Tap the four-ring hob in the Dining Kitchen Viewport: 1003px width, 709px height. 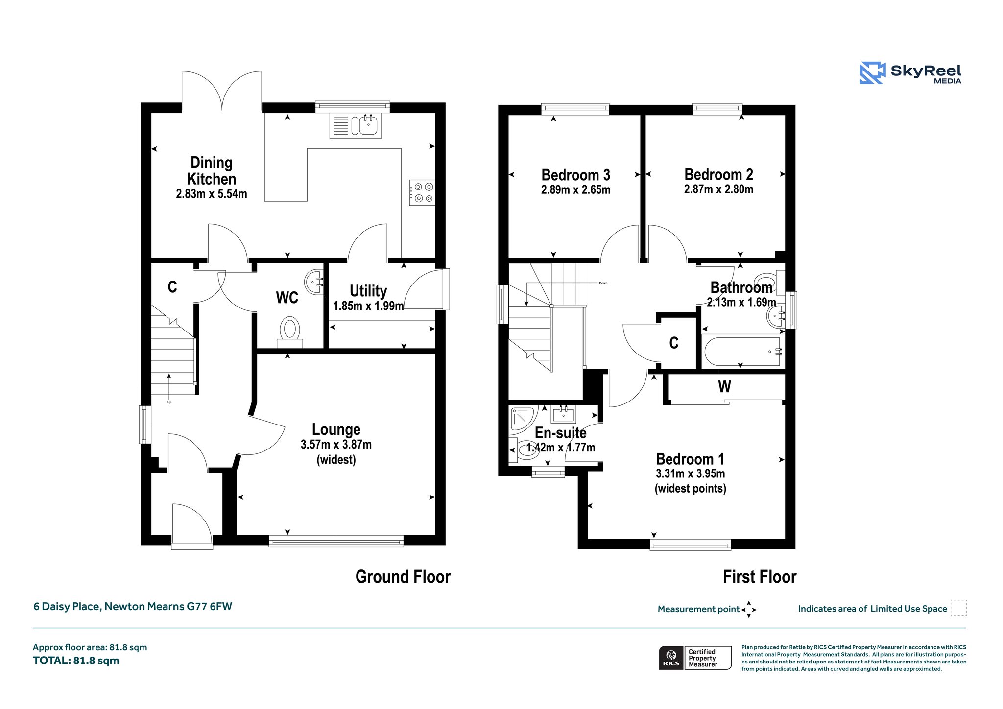(422, 192)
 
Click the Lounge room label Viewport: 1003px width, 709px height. (336, 429)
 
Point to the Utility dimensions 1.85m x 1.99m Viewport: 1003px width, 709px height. (368, 306)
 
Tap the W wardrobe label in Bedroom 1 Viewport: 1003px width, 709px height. (724, 387)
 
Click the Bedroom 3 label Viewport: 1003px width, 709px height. (575, 175)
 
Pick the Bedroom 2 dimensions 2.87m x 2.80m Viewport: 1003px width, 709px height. (718, 189)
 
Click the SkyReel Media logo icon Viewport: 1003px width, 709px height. (872, 73)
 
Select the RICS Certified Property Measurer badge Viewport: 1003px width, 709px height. (695, 658)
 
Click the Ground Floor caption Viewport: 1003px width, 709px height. (403, 577)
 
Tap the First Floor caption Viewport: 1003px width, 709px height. (760, 577)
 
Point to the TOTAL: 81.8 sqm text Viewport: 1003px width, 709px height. (76, 661)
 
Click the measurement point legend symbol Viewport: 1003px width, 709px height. (749, 610)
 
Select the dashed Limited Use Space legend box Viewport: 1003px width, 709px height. (958, 608)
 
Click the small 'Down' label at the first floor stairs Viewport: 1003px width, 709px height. (603, 283)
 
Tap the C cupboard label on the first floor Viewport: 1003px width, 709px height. (674, 343)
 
